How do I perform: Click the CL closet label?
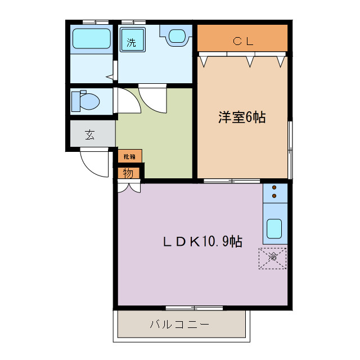point(243,40)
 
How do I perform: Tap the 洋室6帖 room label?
point(242,118)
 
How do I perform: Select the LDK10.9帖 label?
point(202,242)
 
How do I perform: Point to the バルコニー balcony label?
point(179,325)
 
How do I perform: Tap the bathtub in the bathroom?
point(91,39)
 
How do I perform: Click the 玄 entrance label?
point(90,134)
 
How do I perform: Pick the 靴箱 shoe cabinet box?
point(129,156)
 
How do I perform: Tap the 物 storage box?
point(129,173)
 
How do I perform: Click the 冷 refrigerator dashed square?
point(273,258)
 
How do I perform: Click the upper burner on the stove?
point(274,187)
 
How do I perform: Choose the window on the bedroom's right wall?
point(290,149)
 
